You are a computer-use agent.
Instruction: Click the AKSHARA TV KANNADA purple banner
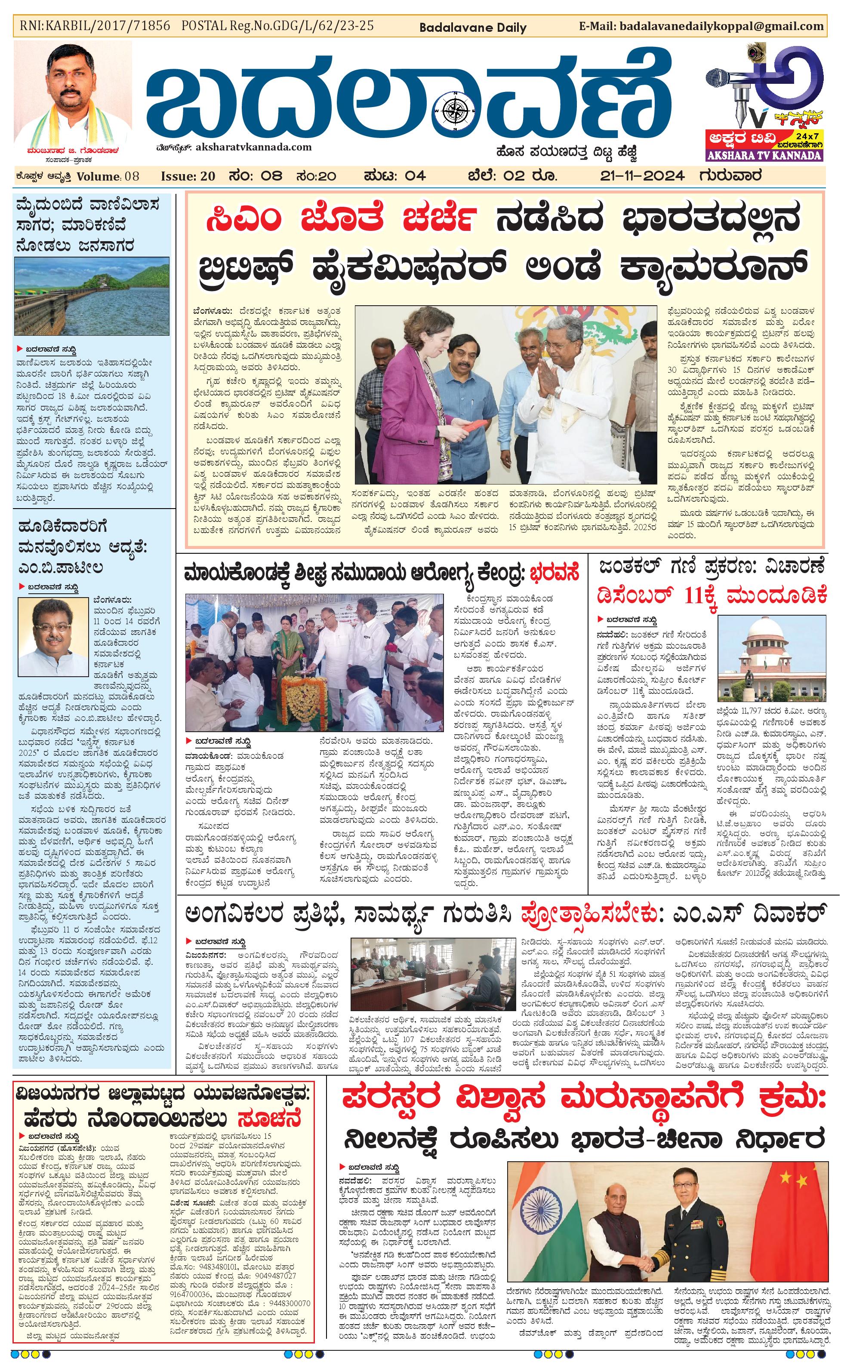[x=764, y=155]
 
